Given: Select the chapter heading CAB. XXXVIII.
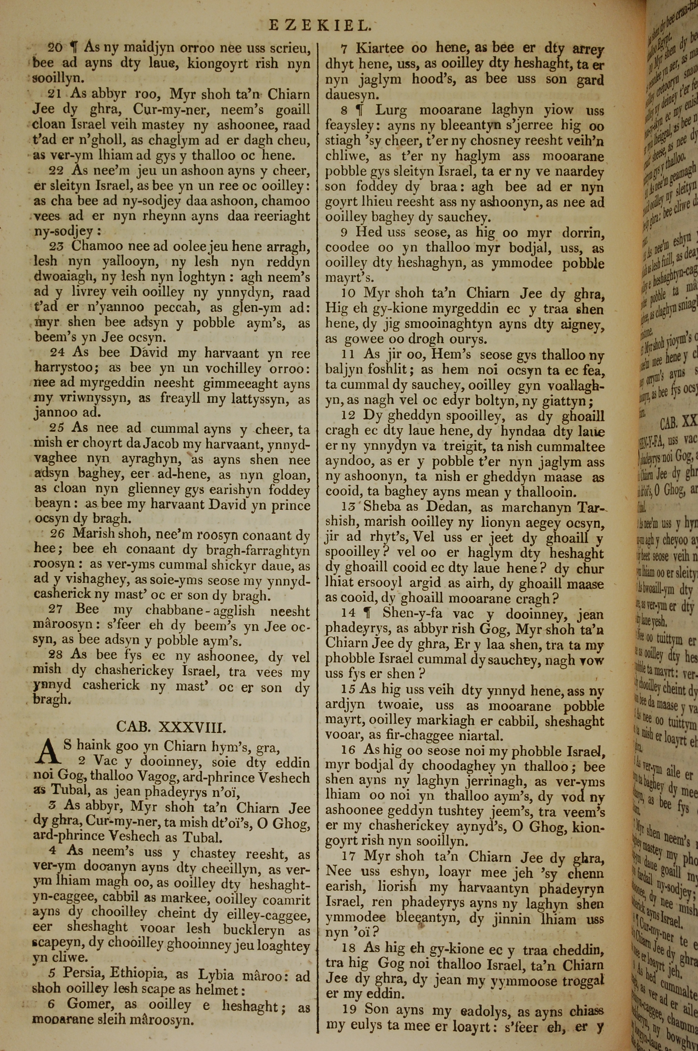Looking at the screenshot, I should [171, 727].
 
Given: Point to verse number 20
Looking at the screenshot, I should [55, 47].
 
